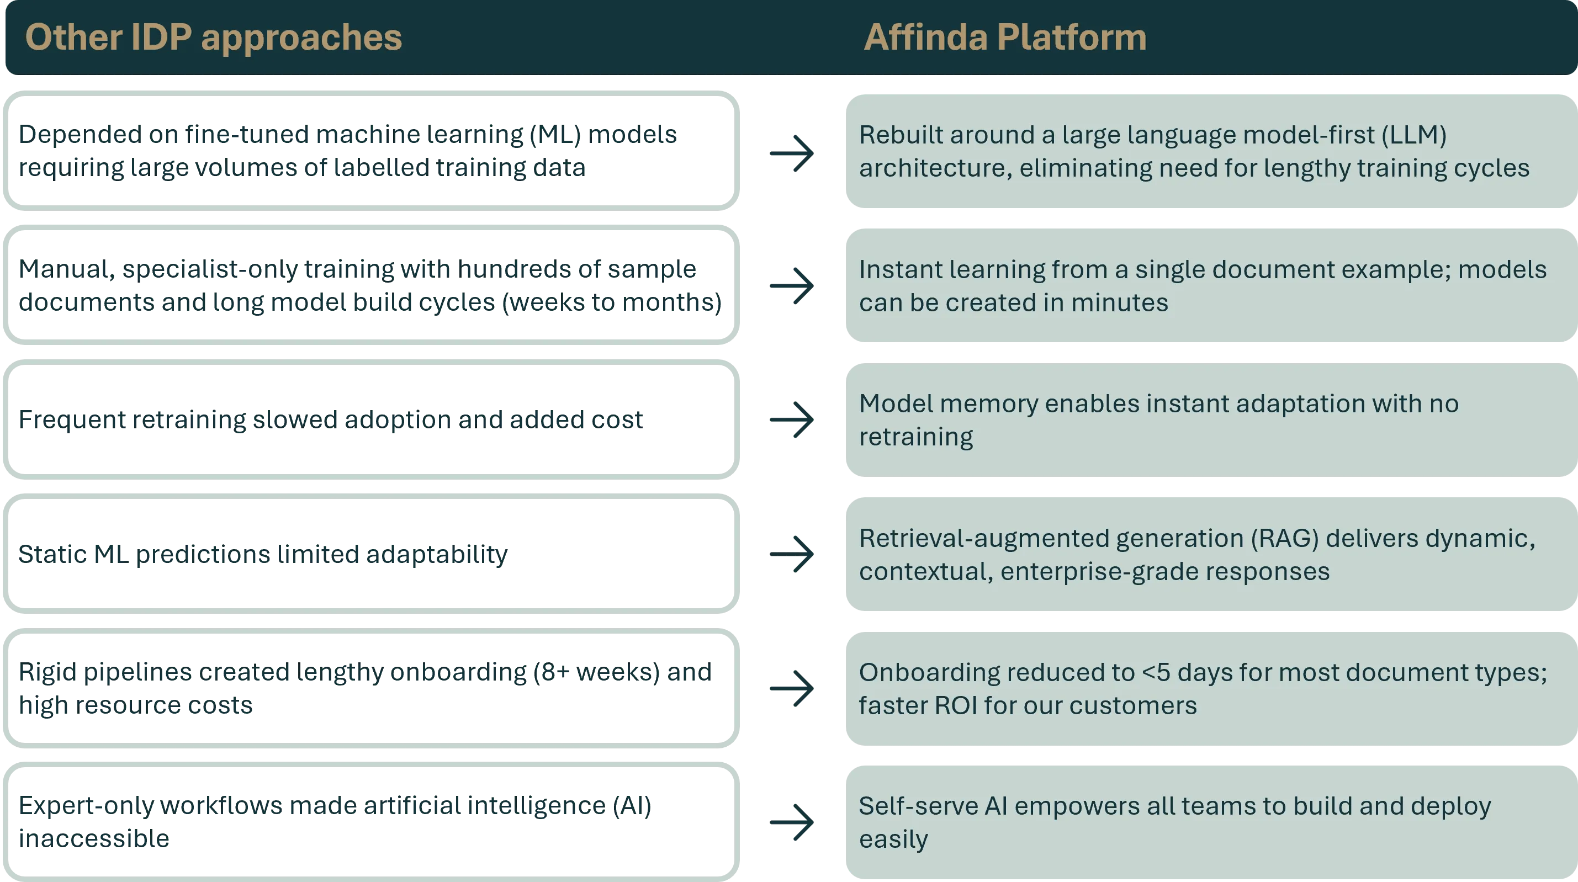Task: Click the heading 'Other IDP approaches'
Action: pyautogui.click(x=213, y=38)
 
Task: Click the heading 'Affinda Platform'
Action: pyautogui.click(x=1005, y=38)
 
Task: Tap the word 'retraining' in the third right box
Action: pyautogui.click(x=916, y=437)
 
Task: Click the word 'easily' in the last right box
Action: pyautogui.click(x=893, y=839)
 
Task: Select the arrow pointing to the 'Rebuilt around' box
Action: pyautogui.click(x=792, y=152)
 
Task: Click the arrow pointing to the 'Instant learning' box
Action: pyautogui.click(x=792, y=285)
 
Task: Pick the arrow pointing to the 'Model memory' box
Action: pyautogui.click(x=792, y=419)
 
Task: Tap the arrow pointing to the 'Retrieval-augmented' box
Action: pyautogui.click(x=792, y=554)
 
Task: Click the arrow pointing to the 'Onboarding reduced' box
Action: pyautogui.click(x=792, y=688)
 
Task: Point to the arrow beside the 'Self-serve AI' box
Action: pyautogui.click(x=792, y=821)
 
